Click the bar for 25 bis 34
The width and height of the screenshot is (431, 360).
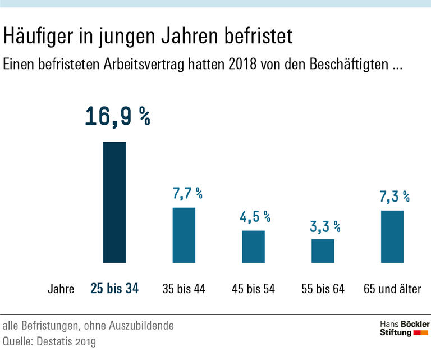114,202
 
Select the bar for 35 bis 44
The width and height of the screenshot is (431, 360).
184,235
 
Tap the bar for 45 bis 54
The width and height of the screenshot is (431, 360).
253,247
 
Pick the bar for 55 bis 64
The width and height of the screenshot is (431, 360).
323,251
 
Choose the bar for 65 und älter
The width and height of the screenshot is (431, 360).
392,236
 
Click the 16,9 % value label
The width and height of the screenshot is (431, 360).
117,116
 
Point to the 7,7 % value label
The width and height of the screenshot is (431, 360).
187,194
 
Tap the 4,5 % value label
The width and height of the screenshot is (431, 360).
256,217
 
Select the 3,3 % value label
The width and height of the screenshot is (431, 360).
325,226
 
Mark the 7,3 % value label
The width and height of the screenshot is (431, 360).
395,197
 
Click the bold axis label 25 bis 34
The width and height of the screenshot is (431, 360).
114,289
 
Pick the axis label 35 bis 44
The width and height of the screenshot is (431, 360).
184,290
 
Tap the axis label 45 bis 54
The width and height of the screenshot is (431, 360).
253,290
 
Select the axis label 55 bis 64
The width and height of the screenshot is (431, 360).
323,290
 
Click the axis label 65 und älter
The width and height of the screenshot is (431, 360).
392,290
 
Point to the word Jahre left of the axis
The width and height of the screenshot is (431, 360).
61,290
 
